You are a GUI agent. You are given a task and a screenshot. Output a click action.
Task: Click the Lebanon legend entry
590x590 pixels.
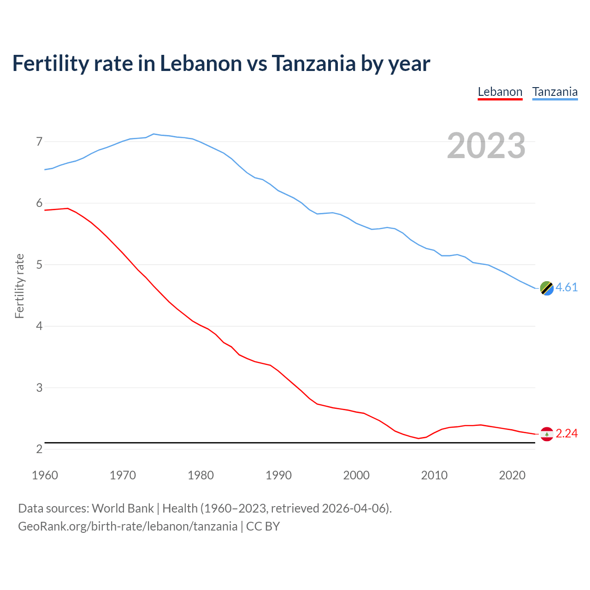pyautogui.click(x=500, y=92)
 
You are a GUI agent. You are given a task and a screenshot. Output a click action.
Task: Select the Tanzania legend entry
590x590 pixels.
pyautogui.click(x=555, y=92)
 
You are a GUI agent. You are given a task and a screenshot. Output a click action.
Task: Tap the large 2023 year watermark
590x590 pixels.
pyautogui.click(x=486, y=146)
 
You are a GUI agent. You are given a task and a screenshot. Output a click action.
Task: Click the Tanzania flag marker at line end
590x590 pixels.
pyautogui.click(x=547, y=288)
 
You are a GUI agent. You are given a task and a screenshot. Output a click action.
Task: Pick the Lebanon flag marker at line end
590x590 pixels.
pyautogui.click(x=547, y=434)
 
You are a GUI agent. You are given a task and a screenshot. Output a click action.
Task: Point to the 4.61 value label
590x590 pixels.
pyautogui.click(x=566, y=287)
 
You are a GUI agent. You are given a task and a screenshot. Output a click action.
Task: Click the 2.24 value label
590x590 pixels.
pyautogui.click(x=566, y=433)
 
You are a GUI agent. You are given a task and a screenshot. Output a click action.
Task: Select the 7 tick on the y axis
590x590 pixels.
pyautogui.click(x=39, y=142)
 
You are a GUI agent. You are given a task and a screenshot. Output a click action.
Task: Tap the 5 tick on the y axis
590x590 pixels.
pyautogui.click(x=39, y=265)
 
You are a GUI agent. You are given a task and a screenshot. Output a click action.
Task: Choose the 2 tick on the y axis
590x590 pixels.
pyautogui.click(x=39, y=449)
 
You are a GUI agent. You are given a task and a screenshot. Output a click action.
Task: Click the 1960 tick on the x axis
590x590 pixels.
pyautogui.click(x=45, y=475)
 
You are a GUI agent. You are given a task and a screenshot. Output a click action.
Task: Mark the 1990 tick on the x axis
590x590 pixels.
pyautogui.click(x=278, y=475)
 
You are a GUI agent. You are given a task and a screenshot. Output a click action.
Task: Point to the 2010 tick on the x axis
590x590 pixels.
pyautogui.click(x=434, y=475)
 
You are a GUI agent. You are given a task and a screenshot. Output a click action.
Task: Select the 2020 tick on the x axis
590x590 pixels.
pyautogui.click(x=512, y=475)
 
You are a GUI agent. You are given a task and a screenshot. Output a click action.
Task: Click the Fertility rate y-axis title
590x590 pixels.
pyautogui.click(x=19, y=286)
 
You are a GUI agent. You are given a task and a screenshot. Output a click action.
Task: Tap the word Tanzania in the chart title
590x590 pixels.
pyautogui.click(x=313, y=63)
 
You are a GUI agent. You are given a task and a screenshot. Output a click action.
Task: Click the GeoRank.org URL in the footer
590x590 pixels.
pyautogui.click(x=128, y=526)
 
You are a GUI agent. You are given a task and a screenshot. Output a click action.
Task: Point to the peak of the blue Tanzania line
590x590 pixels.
pyautogui.click(x=153, y=134)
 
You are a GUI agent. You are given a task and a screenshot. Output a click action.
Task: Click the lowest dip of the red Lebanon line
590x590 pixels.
pyautogui.click(x=419, y=438)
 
